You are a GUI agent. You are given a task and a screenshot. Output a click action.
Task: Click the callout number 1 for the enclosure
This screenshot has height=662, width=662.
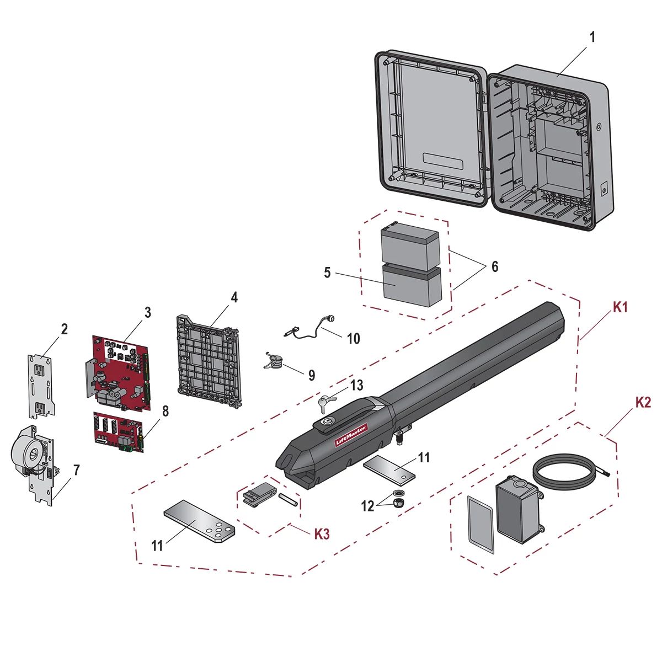pyautogui.click(x=592, y=38)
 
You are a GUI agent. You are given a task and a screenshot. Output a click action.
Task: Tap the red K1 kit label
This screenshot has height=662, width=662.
pyautogui.click(x=621, y=307)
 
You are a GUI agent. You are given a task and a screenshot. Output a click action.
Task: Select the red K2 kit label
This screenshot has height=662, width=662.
pyautogui.click(x=643, y=402)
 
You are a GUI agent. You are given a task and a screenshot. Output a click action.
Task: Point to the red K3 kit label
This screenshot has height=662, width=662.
pyautogui.click(x=322, y=534)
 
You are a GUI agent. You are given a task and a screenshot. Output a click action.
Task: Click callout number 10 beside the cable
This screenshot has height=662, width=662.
pyautogui.click(x=353, y=338)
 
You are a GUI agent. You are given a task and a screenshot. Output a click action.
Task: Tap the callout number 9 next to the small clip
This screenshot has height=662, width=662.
pyautogui.click(x=312, y=375)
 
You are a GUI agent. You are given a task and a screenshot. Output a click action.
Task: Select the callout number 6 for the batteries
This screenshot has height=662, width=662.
pyautogui.click(x=494, y=267)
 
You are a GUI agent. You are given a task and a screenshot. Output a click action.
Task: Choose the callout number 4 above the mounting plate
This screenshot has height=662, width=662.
pyautogui.click(x=234, y=297)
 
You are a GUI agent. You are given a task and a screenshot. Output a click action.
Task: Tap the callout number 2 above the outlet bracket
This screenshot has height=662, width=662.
pyautogui.click(x=65, y=329)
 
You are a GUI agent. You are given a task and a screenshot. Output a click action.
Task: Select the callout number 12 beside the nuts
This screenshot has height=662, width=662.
pyautogui.click(x=368, y=505)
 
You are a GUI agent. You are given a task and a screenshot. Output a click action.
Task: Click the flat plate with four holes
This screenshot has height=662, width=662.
pyautogui.click(x=199, y=521)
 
